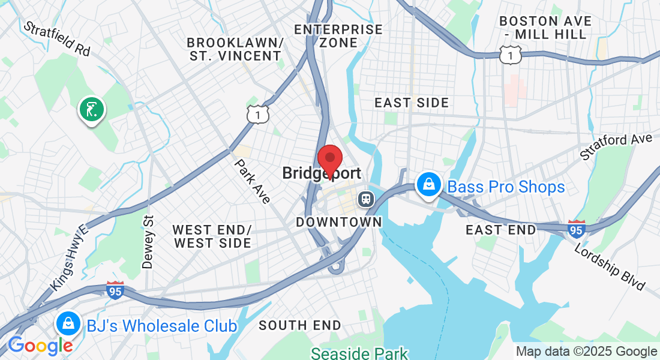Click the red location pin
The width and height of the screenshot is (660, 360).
point(329,160)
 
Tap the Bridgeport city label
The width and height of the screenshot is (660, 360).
point(322,174)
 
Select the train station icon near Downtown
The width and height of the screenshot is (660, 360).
point(365,199)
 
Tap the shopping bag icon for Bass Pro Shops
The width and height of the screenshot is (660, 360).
point(430,185)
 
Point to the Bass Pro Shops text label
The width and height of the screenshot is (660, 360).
point(506,187)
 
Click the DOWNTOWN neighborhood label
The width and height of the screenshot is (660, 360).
point(339,222)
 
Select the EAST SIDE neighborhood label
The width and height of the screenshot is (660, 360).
point(412,103)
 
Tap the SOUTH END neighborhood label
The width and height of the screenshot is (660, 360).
point(300,326)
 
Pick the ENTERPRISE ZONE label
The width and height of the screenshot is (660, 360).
point(338,36)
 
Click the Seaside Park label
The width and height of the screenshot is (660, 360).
point(359,353)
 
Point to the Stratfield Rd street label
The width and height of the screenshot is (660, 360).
point(56,39)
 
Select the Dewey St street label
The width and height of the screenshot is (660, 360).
point(148,242)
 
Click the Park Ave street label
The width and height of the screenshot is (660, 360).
point(253,181)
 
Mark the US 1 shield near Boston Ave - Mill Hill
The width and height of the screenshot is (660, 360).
point(509,55)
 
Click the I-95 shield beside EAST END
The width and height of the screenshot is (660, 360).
point(576,229)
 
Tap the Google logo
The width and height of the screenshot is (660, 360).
point(40,346)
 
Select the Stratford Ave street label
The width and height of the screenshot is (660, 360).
point(616,147)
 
